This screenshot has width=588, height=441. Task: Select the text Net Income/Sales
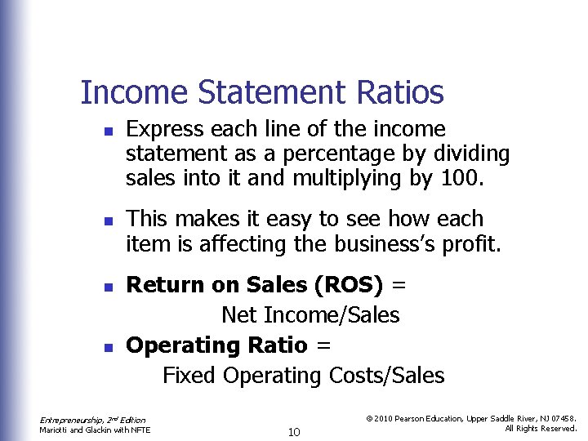click(310, 314)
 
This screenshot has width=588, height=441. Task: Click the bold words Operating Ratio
click(216, 345)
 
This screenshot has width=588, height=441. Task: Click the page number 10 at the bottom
click(296, 430)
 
